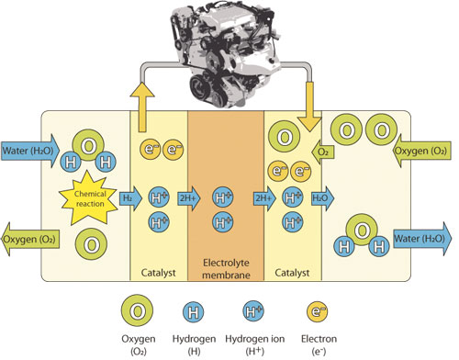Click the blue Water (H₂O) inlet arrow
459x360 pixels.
(x=30, y=151)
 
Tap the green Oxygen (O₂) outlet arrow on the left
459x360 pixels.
(x=30, y=239)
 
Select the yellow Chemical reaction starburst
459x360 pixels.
(x=88, y=198)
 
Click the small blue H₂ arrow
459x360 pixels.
(x=130, y=198)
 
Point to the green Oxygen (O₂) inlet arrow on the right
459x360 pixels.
(x=422, y=151)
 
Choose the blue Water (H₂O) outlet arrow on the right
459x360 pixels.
(x=422, y=239)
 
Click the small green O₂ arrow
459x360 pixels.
(x=323, y=152)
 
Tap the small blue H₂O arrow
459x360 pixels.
(x=322, y=198)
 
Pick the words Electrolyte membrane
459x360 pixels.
(x=226, y=269)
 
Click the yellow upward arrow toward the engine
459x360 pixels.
(x=142, y=107)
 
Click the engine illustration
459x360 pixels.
(x=226, y=54)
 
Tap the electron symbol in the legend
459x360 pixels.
(x=318, y=311)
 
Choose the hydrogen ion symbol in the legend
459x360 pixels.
(x=253, y=311)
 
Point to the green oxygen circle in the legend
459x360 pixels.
(x=137, y=311)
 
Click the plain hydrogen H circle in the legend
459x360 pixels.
(x=194, y=312)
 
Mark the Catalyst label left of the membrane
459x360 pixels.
(x=158, y=273)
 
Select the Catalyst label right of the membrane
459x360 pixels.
(x=292, y=273)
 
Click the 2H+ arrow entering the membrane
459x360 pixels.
(x=189, y=198)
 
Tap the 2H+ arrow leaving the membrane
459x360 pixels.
(x=264, y=198)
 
